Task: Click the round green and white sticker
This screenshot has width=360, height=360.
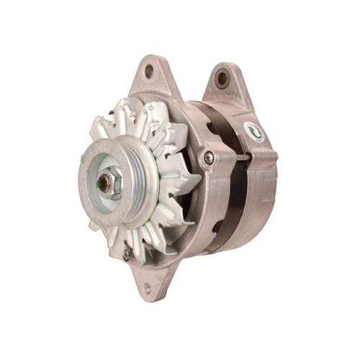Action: click(x=253, y=132)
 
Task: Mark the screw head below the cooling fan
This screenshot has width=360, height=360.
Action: click(x=127, y=253)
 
